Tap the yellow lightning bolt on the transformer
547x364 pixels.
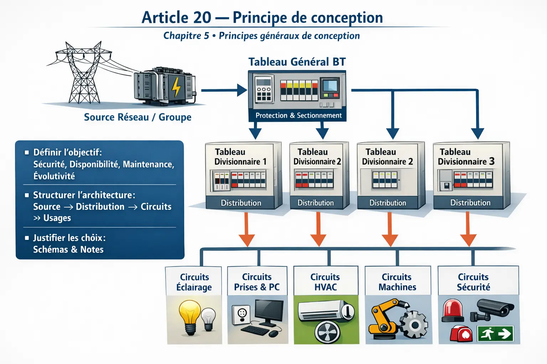[176, 87]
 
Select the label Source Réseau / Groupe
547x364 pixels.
[137, 117]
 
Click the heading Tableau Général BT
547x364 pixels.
[297, 62]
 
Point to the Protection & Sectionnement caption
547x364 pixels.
[298, 116]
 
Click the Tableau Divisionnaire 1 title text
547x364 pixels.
[240, 157]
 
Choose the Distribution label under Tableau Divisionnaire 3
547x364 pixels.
[470, 203]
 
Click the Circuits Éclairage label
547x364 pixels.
[194, 282]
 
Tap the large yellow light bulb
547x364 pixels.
[190, 316]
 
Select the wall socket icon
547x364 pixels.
[242, 315]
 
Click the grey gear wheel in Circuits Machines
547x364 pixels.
[414, 324]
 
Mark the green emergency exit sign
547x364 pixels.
[495, 334]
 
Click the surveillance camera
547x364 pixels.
[493, 308]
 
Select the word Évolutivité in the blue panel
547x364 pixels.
[54, 176]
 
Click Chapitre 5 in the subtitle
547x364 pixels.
[186, 36]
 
